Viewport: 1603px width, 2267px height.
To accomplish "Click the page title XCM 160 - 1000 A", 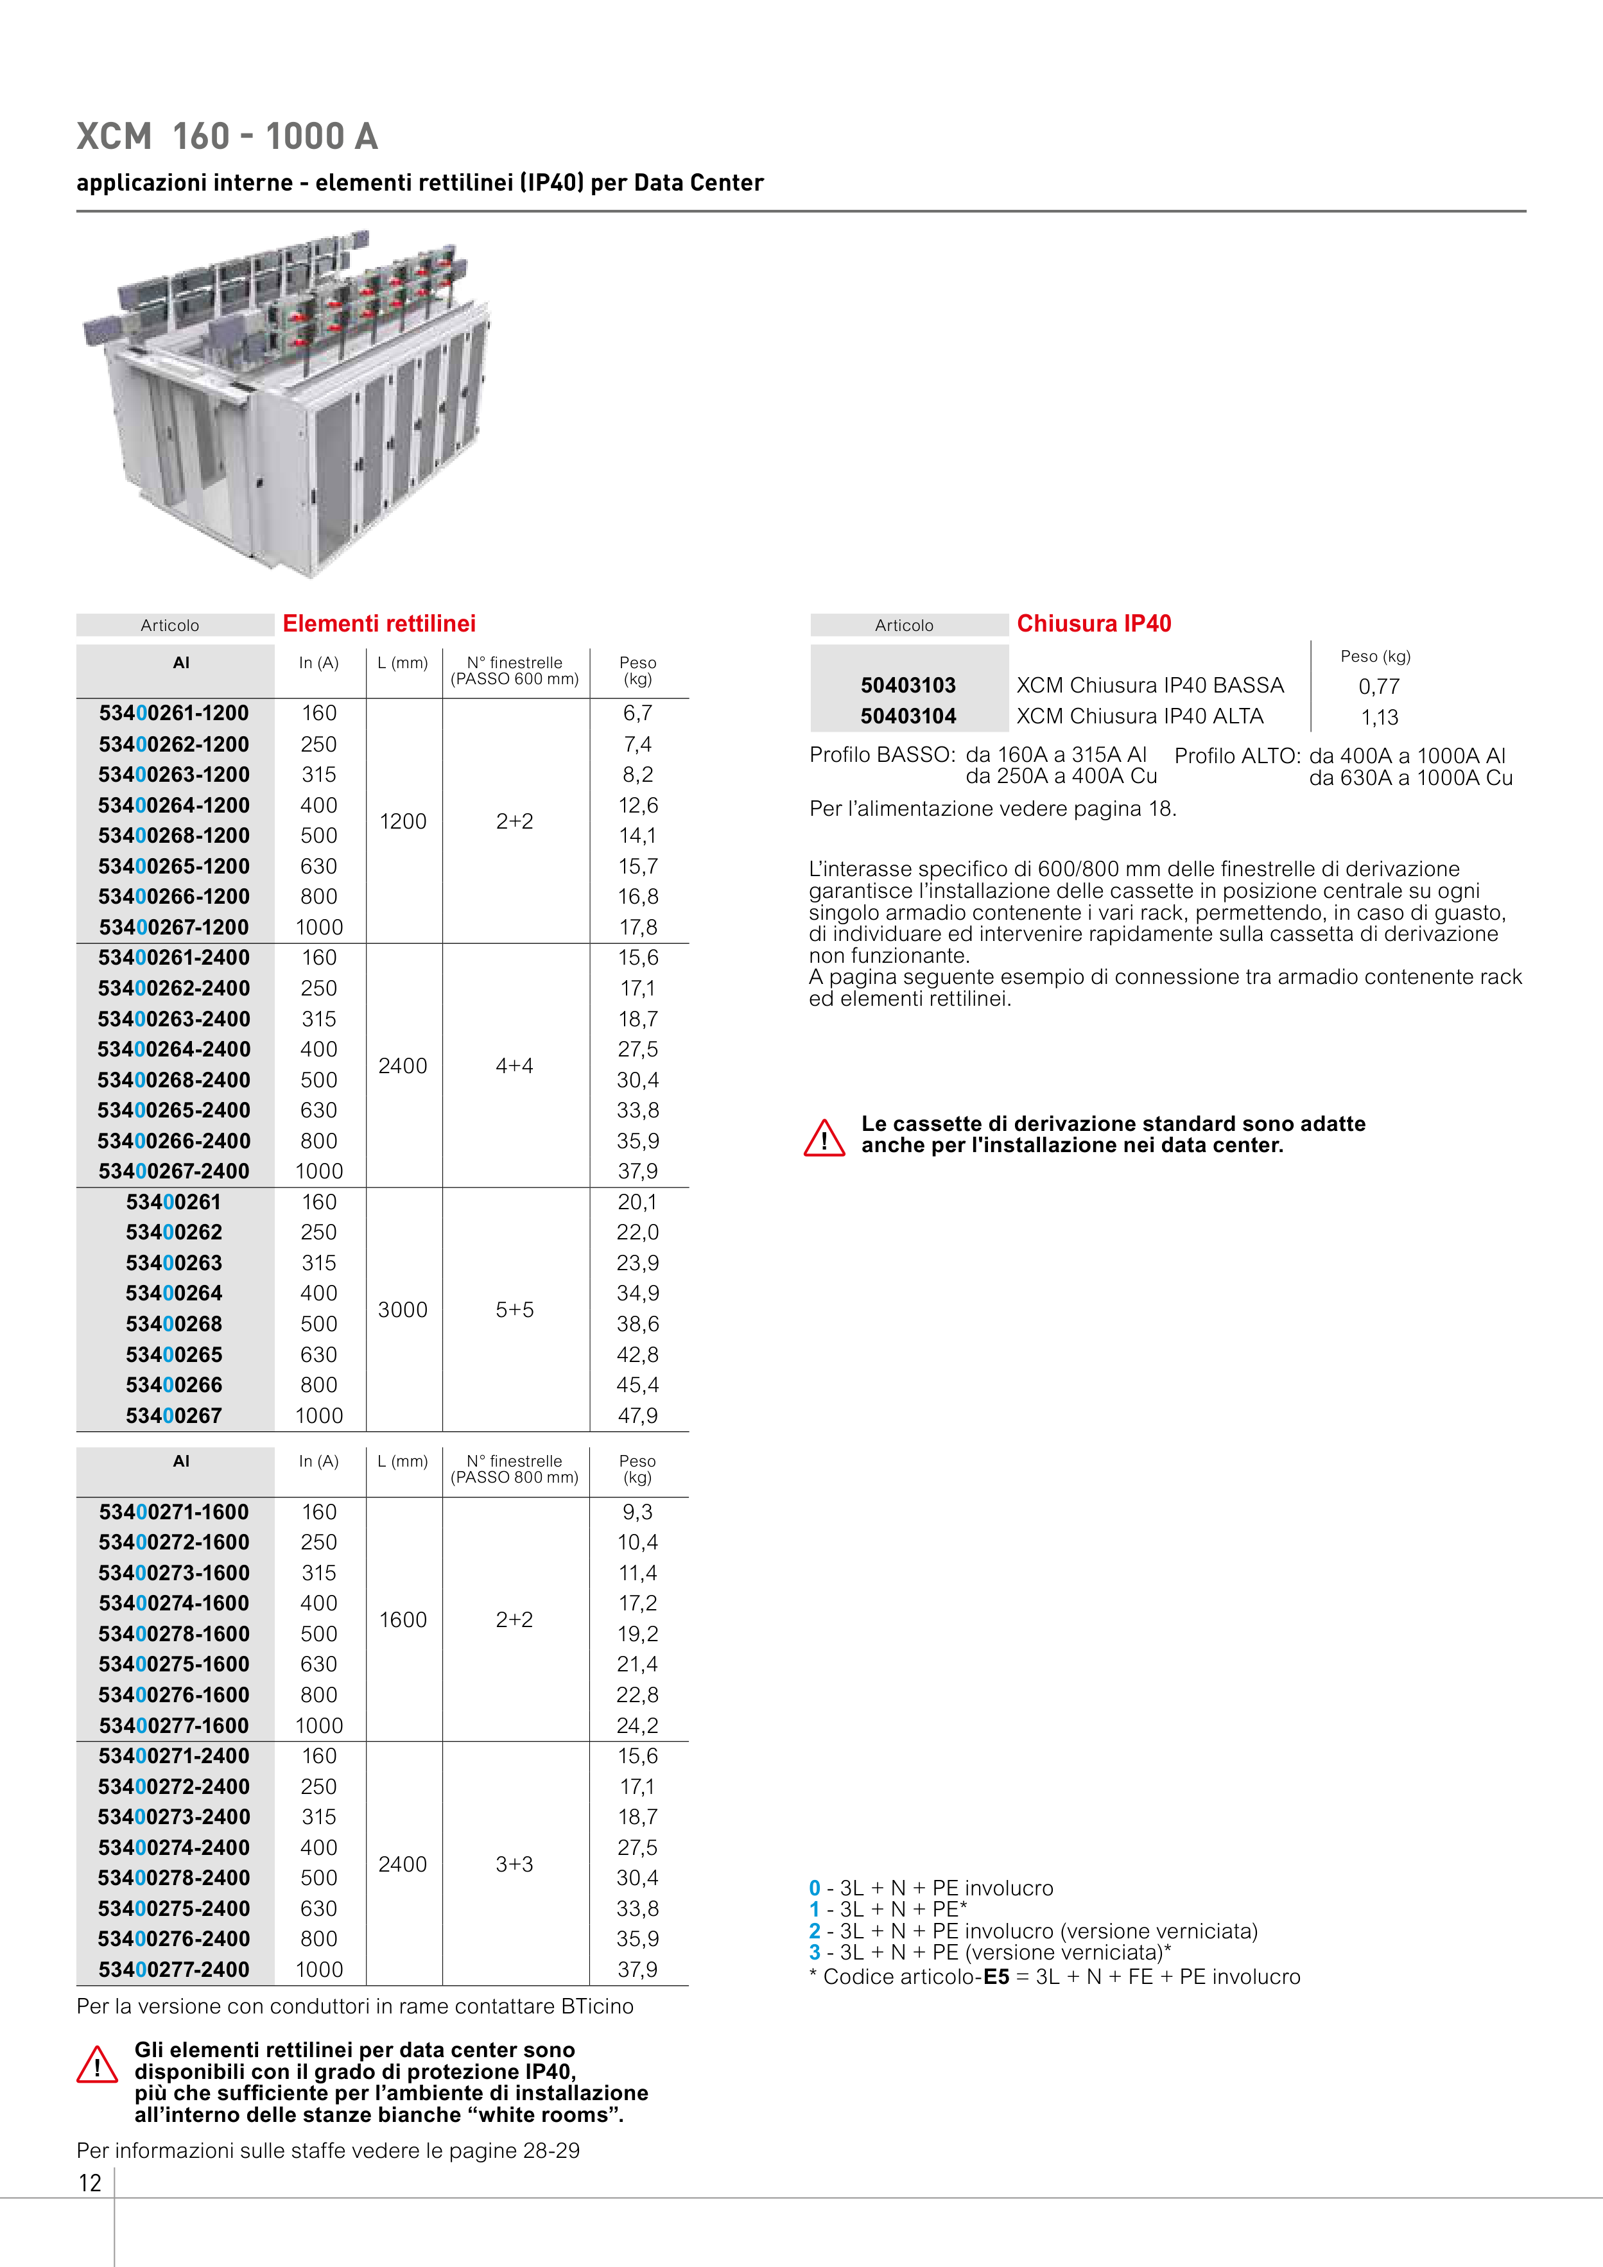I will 227,136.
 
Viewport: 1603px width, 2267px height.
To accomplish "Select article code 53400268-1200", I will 174,835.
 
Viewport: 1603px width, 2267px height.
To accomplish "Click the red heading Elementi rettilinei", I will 379,624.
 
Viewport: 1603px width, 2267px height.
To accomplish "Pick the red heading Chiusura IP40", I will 1093,624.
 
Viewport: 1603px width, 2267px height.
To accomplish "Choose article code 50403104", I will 908,717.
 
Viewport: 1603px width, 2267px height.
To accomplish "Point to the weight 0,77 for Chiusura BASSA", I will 1379,686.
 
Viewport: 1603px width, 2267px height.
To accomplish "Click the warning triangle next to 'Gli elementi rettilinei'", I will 97,2065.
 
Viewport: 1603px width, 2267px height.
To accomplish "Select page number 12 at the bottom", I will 90,2183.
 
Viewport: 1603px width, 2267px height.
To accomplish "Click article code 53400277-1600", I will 174,1726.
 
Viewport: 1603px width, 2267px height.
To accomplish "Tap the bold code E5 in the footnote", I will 996,1977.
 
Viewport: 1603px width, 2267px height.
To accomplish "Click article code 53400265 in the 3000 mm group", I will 174,1355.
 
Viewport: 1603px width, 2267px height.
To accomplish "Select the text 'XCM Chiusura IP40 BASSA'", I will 1150,685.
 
